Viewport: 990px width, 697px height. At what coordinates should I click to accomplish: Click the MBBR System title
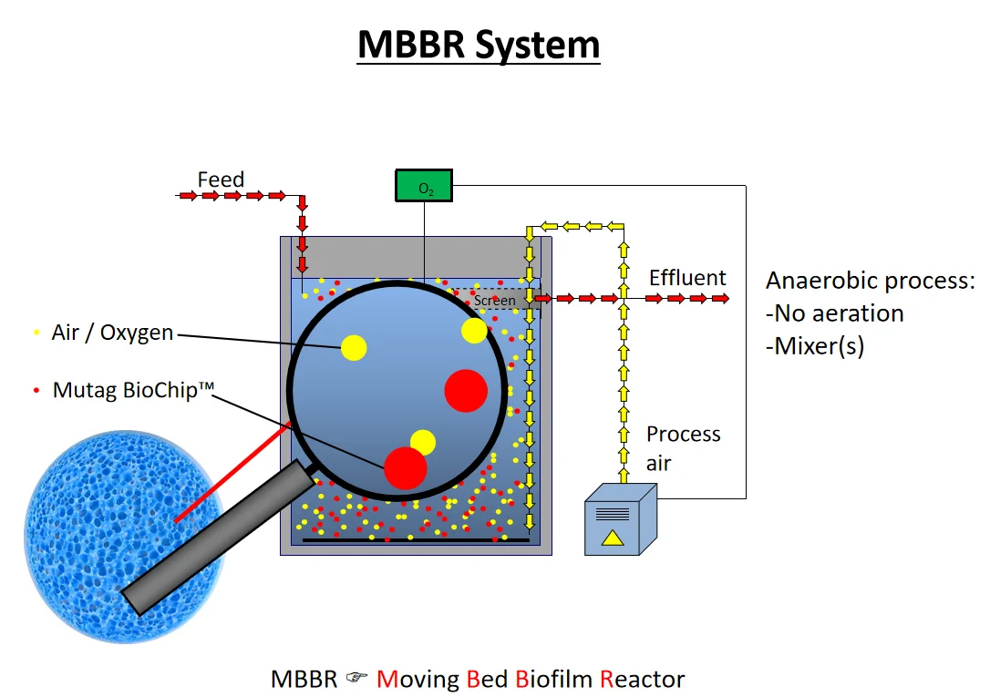click(479, 45)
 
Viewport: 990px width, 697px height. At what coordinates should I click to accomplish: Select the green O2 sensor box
click(425, 186)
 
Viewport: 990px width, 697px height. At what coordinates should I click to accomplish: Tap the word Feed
click(221, 179)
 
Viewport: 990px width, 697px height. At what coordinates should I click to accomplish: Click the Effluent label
click(687, 278)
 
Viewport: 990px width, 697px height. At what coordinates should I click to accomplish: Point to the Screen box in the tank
click(495, 300)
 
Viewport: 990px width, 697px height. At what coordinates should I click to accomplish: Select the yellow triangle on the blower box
click(613, 538)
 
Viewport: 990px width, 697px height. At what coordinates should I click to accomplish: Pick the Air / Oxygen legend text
click(112, 333)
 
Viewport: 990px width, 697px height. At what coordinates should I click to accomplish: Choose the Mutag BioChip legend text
click(133, 390)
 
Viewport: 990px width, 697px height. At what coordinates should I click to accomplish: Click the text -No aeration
click(834, 314)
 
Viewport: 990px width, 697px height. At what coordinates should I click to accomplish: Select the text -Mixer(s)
click(814, 346)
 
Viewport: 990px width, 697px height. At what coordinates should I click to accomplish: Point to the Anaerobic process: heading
click(870, 281)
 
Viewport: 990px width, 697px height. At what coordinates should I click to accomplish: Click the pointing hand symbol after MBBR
click(356, 679)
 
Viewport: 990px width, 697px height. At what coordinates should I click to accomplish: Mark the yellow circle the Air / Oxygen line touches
click(354, 347)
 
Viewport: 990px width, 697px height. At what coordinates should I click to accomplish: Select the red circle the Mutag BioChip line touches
click(405, 467)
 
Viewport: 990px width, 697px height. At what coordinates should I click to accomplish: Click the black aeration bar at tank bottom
click(415, 540)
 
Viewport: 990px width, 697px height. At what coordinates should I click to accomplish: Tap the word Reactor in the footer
click(642, 679)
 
